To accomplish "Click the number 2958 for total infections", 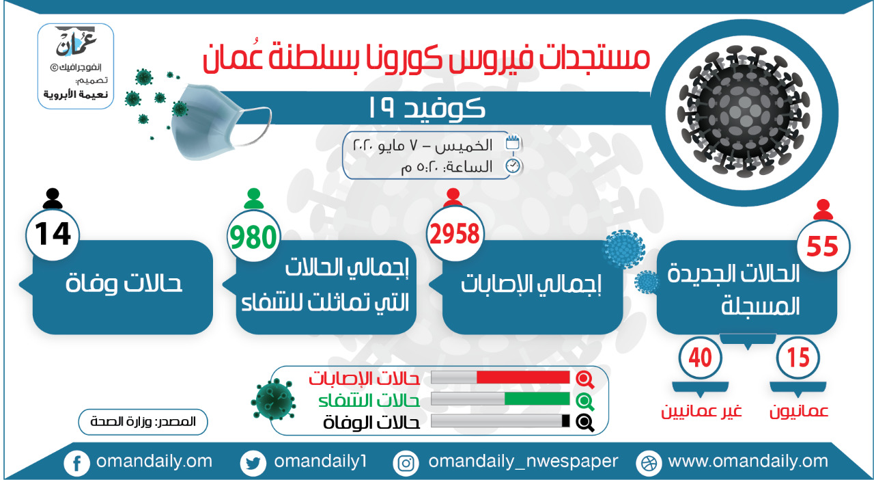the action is coord(455,234).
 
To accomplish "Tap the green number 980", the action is coord(253,237).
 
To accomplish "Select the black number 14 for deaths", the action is coord(53,234).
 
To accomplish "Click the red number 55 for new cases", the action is coord(823,246).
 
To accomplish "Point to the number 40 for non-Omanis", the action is coord(701,358).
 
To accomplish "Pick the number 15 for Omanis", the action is coord(798,358).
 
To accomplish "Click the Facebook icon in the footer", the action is coord(77,463).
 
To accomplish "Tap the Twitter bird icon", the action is coord(253,463).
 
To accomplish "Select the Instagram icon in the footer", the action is coord(406,463).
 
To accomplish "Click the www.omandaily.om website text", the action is coord(748,462).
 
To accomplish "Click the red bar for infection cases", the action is coord(523,377).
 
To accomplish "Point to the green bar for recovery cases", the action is coord(537,399).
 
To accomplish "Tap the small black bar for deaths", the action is coord(565,421).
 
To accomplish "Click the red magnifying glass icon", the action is coord(585,379).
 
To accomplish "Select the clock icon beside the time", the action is coord(513,166).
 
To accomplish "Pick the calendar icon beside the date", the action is coord(513,143).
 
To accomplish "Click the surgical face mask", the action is coord(218,120).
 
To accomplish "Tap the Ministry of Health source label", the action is coord(143,422).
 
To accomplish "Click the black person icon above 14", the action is coord(53,198).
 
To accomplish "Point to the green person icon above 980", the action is coord(253,198).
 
